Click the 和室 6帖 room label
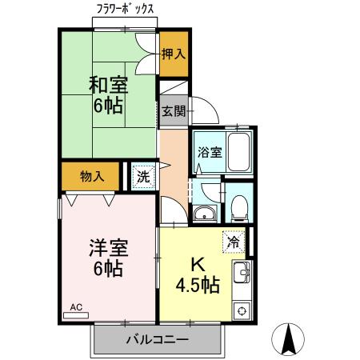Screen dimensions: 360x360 pos(106,94)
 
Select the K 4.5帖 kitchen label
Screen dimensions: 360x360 pos(198,275)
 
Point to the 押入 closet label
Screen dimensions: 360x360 pos(173,54)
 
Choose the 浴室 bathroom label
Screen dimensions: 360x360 pos(209,151)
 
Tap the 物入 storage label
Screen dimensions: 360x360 pos(92,175)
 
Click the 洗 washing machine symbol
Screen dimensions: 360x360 pos(142,175)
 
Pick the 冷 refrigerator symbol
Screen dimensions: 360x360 pos(234,240)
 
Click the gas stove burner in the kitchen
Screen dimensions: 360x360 pos(240,310)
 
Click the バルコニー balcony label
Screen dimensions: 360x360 pos(157,339)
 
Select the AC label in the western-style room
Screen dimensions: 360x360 pos(76,306)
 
